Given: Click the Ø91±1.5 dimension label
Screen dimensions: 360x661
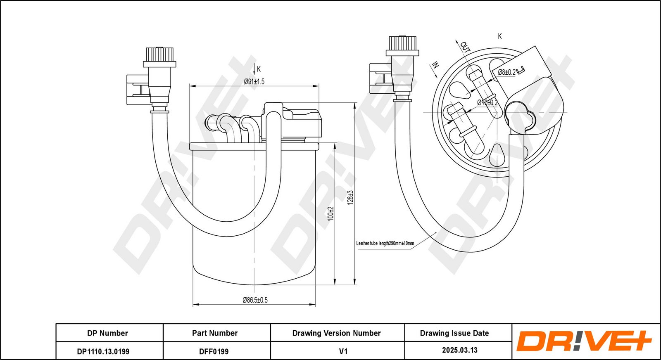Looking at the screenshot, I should [x=254, y=82].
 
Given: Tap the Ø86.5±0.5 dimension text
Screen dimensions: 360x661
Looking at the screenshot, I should [x=254, y=300].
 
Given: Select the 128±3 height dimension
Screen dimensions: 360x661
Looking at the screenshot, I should [x=350, y=197].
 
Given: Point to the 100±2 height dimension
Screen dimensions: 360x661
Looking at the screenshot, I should [x=330, y=213].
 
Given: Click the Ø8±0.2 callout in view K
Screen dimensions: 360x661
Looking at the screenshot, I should [x=506, y=72].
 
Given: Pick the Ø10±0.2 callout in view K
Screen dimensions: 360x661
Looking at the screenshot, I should [x=487, y=102].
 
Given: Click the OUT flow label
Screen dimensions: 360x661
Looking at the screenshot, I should [x=465, y=46].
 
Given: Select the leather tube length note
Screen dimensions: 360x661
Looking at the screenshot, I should [x=385, y=243].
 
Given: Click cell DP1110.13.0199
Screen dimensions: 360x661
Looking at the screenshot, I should [x=103, y=351].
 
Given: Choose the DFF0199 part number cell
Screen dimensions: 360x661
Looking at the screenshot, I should [x=214, y=351].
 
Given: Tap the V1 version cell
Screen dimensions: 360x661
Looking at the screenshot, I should [x=343, y=351].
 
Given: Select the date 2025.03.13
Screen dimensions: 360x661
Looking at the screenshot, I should [x=459, y=350].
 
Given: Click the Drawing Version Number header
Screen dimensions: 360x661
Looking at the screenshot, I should [x=336, y=333].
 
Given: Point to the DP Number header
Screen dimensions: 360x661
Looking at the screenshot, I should [x=107, y=333].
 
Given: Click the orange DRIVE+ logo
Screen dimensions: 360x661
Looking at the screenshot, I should [x=584, y=341].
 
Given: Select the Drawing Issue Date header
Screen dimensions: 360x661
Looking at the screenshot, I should [x=454, y=333].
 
